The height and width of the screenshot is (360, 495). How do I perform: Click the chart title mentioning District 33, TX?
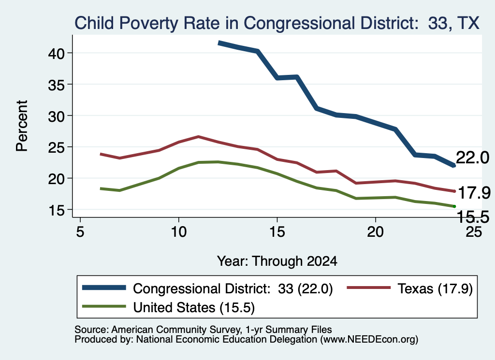click(x=277, y=23)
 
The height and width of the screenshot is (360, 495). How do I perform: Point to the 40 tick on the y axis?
click(x=56, y=53)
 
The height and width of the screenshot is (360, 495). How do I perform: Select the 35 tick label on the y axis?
click(x=56, y=85)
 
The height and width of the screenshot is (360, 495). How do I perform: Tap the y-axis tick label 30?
click(x=56, y=116)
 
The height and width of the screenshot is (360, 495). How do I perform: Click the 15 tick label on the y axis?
click(x=56, y=210)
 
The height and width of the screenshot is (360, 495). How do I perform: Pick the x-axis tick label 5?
click(x=80, y=232)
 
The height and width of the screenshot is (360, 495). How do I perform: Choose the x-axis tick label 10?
click(x=179, y=232)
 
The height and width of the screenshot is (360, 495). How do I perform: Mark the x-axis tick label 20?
click(x=375, y=232)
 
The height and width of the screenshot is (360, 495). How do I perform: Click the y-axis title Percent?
click(x=22, y=126)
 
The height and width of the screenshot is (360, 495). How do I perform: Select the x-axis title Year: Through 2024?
click(x=277, y=261)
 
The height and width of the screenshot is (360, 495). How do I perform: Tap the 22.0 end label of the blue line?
click(x=473, y=158)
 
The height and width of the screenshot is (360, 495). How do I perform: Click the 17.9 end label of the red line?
click(x=474, y=193)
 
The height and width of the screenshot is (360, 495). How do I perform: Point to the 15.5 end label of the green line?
click(x=473, y=217)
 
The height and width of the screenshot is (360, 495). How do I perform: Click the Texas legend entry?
click(x=410, y=288)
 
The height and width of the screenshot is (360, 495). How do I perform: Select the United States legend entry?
click(x=168, y=307)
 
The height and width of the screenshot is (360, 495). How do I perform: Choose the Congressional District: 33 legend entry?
click(x=207, y=288)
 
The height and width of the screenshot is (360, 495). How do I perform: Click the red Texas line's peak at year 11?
click(x=198, y=137)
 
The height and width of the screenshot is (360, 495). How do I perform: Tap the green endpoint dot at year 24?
click(x=454, y=206)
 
